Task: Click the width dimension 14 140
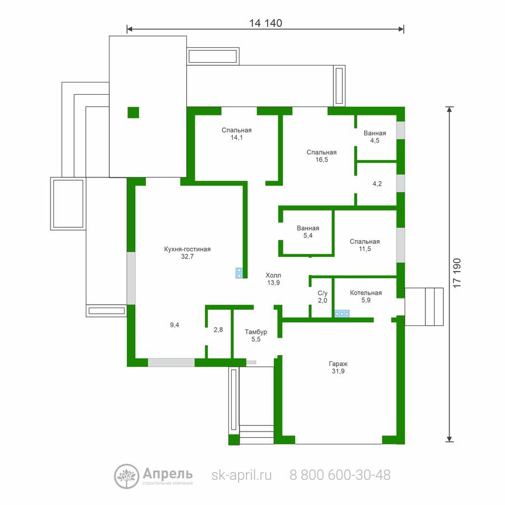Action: click(x=265, y=23)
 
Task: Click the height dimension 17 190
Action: click(x=457, y=273)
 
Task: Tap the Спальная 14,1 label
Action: click(x=236, y=134)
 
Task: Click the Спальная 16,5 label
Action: click(x=322, y=156)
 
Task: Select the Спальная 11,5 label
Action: click(x=365, y=245)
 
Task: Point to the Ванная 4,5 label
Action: click(x=375, y=136)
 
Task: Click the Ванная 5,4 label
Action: click(x=308, y=232)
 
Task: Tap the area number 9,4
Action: click(x=175, y=325)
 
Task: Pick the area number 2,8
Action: click(x=218, y=329)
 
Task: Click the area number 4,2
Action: click(x=377, y=183)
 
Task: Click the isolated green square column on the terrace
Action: click(x=134, y=112)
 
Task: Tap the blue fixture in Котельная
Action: click(x=342, y=313)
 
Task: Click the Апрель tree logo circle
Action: click(x=127, y=476)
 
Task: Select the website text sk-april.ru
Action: click(x=241, y=475)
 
